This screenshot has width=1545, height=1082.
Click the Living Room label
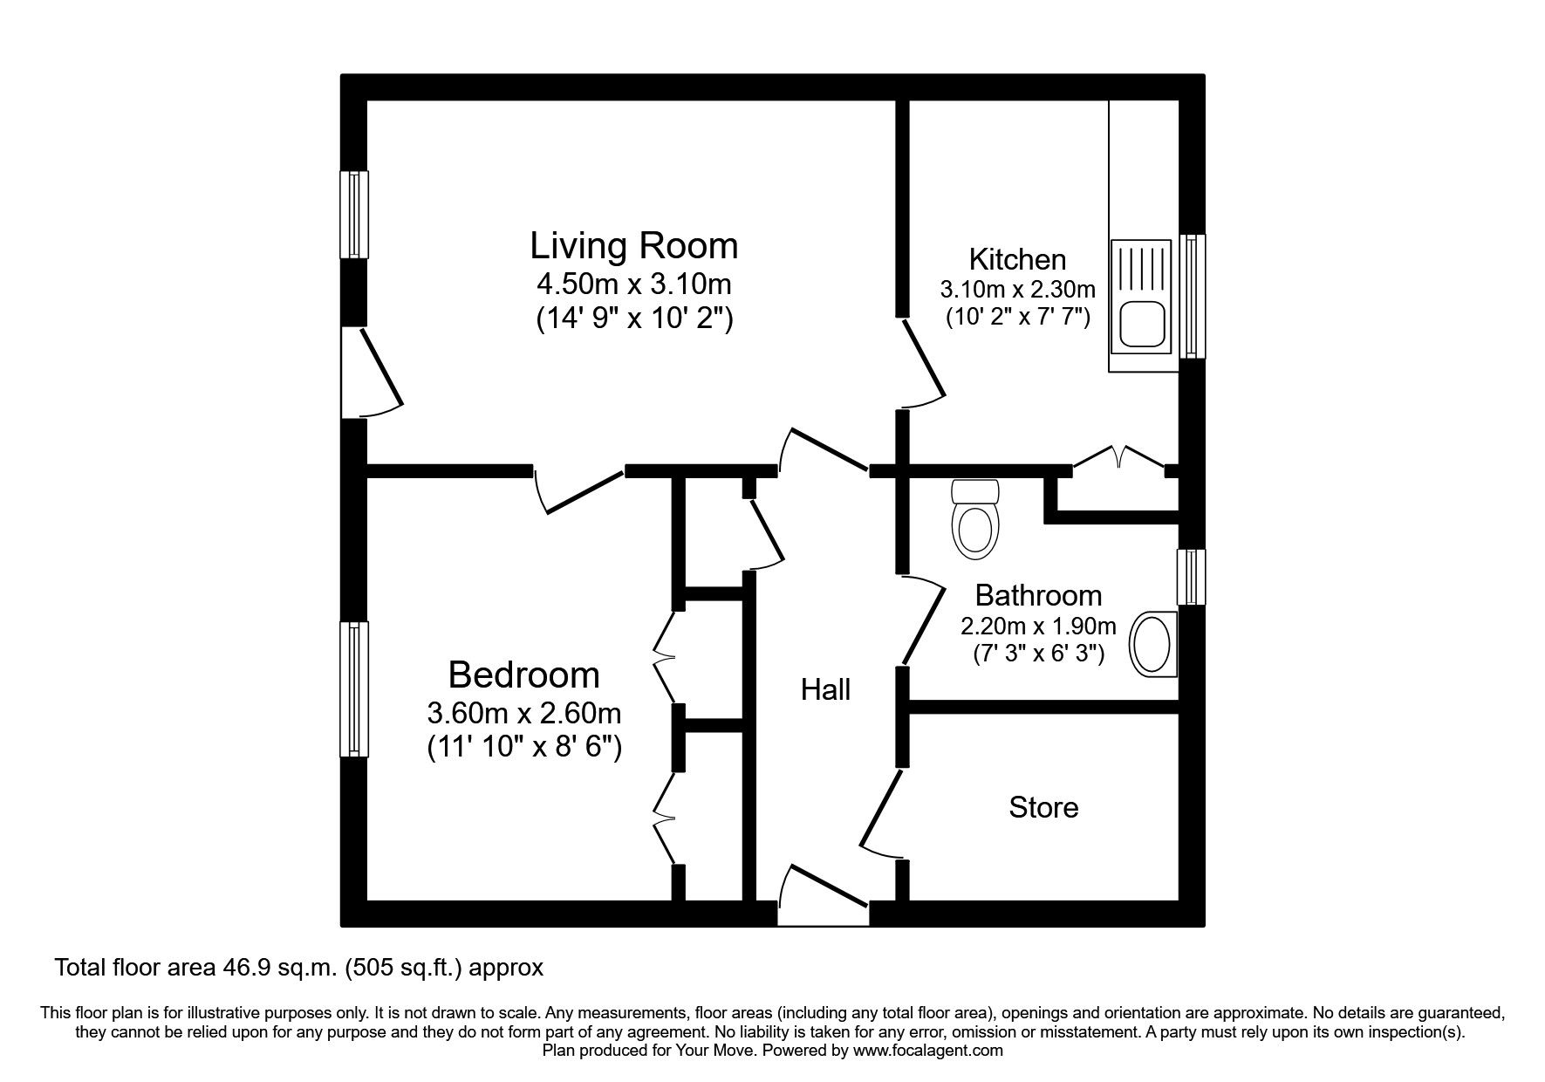coord(633,246)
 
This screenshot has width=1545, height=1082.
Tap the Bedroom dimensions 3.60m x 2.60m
coord(523,713)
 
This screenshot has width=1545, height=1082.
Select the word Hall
coord(825,690)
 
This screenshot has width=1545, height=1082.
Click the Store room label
coord(1043,807)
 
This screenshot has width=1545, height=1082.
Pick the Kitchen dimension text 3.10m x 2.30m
coord(1017,288)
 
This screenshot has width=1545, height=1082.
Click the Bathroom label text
coord(1038,595)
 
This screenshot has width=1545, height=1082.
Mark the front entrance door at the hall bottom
coord(824,894)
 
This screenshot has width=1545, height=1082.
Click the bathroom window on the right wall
coord(1191,576)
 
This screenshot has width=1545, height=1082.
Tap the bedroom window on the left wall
coord(353,688)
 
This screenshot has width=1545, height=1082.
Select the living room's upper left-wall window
coord(353,215)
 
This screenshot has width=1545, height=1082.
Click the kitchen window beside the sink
coord(1192,296)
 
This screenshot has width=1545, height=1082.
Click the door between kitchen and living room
coord(923,362)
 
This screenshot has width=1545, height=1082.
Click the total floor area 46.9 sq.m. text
coord(298,967)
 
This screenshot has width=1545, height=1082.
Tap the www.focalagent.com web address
coord(927,1051)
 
